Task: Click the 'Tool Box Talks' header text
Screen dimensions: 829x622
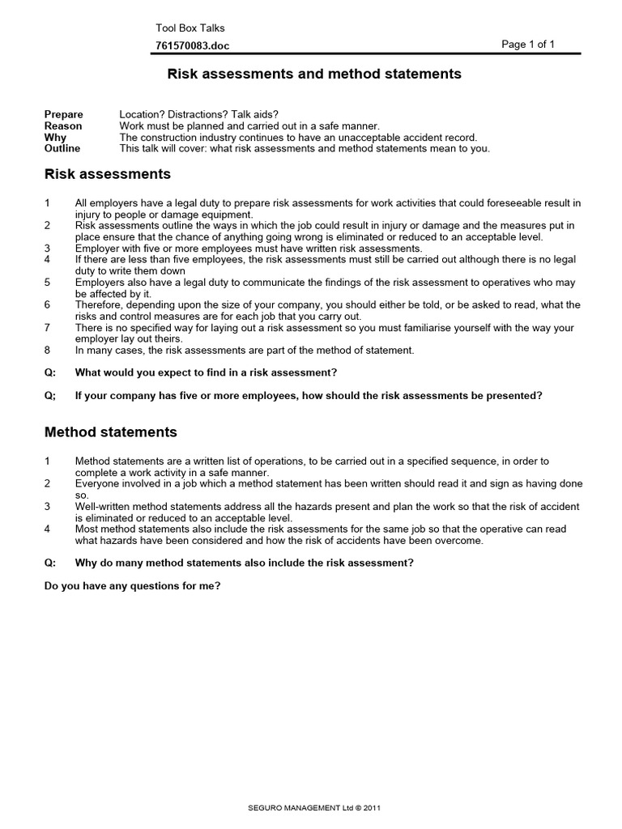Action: click(x=190, y=28)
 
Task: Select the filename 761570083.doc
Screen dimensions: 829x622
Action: click(x=192, y=47)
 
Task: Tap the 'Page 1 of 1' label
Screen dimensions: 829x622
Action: click(x=528, y=45)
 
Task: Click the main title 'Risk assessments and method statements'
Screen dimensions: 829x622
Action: click(x=314, y=74)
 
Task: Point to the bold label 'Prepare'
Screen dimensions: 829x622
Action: click(x=63, y=115)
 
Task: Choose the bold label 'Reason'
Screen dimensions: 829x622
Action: click(x=62, y=126)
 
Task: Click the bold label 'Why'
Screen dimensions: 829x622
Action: click(x=55, y=138)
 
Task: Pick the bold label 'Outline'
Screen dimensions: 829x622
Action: click(x=62, y=149)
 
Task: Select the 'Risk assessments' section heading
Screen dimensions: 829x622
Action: click(x=107, y=174)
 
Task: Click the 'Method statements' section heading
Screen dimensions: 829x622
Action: click(x=110, y=432)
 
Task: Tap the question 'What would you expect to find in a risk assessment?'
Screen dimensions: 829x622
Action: click(x=206, y=372)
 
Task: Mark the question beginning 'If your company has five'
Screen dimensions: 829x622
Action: click(x=309, y=396)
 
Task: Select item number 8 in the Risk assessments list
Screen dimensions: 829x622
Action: click(x=48, y=351)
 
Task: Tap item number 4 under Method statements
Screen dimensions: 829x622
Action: click(x=48, y=529)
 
